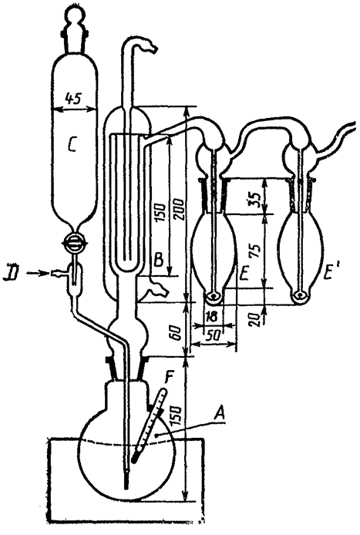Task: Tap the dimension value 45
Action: coord(73,99)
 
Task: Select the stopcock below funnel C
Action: coord(74,243)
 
